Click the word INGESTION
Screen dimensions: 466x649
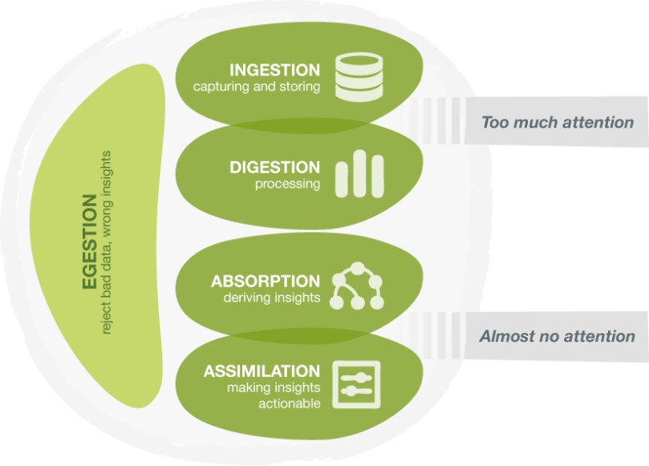point(274,70)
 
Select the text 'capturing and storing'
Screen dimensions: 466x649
point(256,87)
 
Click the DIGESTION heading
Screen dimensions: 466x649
point(274,168)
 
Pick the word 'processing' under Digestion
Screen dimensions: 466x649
point(287,184)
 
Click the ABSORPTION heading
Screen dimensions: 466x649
point(265,282)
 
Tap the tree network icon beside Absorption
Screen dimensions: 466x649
point(357,286)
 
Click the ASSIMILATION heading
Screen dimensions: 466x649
point(261,371)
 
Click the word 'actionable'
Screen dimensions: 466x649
point(289,403)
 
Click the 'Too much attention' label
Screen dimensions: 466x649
point(558,123)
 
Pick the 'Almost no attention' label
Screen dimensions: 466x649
point(557,337)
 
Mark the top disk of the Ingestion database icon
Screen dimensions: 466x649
point(356,61)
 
